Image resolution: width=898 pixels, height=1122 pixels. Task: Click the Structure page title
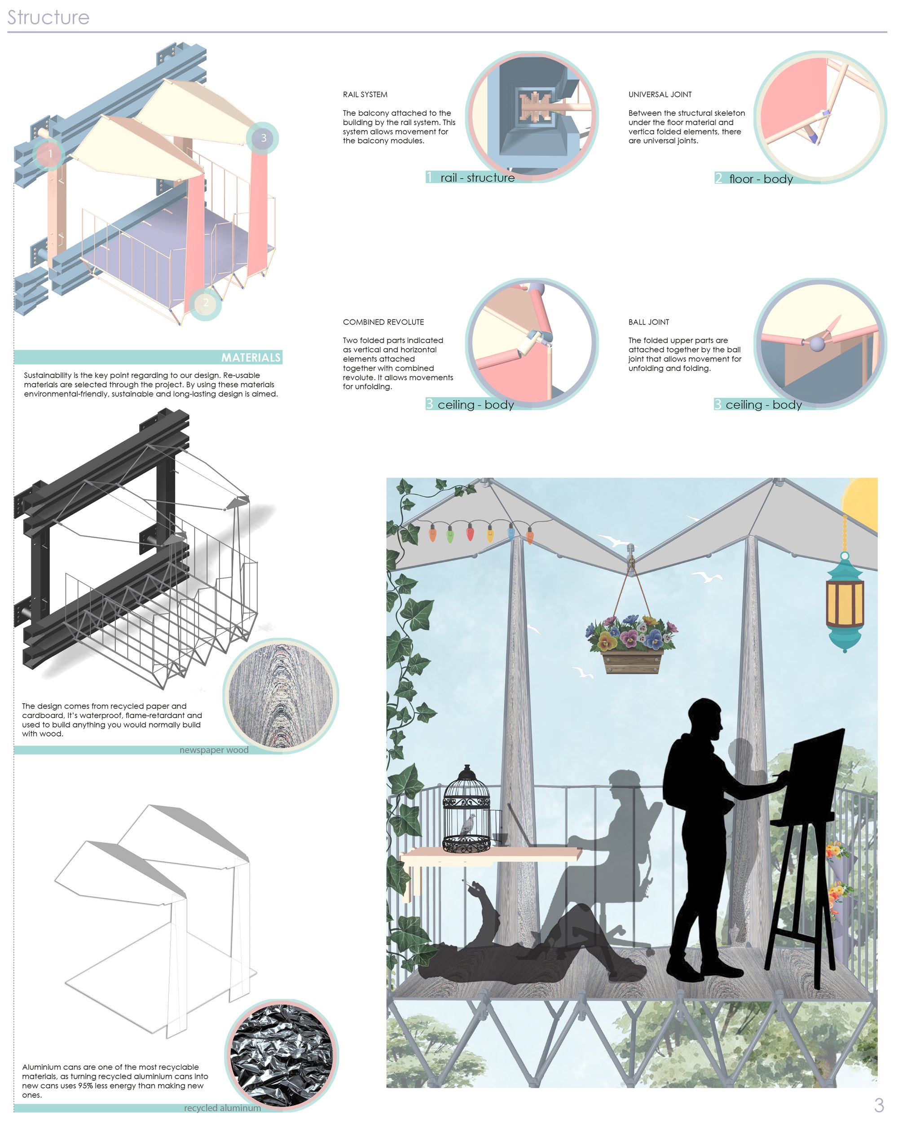pyautogui.click(x=48, y=17)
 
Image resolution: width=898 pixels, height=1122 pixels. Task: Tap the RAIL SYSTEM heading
pyautogui.click(x=365, y=95)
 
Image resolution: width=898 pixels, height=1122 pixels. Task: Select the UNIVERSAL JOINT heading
pyautogui.click(x=660, y=95)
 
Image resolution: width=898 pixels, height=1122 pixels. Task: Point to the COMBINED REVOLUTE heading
pyautogui.click(x=383, y=322)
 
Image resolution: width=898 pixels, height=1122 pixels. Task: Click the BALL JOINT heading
pyautogui.click(x=649, y=322)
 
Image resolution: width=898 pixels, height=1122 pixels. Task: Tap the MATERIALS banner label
pyautogui.click(x=251, y=358)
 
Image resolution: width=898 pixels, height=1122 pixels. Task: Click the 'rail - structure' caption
pyautogui.click(x=477, y=177)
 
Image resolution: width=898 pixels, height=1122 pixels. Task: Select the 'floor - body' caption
pyautogui.click(x=761, y=179)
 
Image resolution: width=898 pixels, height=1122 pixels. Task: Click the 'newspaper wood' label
pyautogui.click(x=214, y=750)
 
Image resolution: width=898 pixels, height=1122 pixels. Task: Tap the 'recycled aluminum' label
pyautogui.click(x=222, y=1108)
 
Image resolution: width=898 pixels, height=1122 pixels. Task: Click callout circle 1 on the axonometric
pyautogui.click(x=50, y=154)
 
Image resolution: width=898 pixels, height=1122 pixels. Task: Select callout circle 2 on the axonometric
pyautogui.click(x=205, y=303)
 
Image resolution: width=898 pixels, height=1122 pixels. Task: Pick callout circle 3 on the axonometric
pyautogui.click(x=263, y=138)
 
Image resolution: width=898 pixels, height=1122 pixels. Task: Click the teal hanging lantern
pyautogui.click(x=845, y=601)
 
